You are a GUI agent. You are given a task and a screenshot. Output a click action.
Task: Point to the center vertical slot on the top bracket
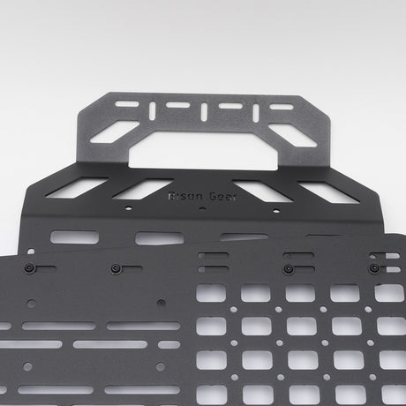[204, 113]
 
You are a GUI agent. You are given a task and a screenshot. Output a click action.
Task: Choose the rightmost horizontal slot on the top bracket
[281, 106]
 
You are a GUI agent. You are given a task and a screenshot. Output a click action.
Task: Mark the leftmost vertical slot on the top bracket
[152, 109]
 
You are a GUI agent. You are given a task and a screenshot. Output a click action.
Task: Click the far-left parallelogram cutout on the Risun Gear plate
[89, 188]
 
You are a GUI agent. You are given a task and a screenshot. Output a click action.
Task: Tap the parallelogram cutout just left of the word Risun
[142, 189]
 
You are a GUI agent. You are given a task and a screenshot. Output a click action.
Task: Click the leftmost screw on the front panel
[29, 268]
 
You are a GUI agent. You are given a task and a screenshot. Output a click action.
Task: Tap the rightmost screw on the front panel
[373, 267]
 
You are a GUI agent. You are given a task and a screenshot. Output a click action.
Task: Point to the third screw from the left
[288, 267]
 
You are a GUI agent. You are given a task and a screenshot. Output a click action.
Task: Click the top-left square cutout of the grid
[210, 293]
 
